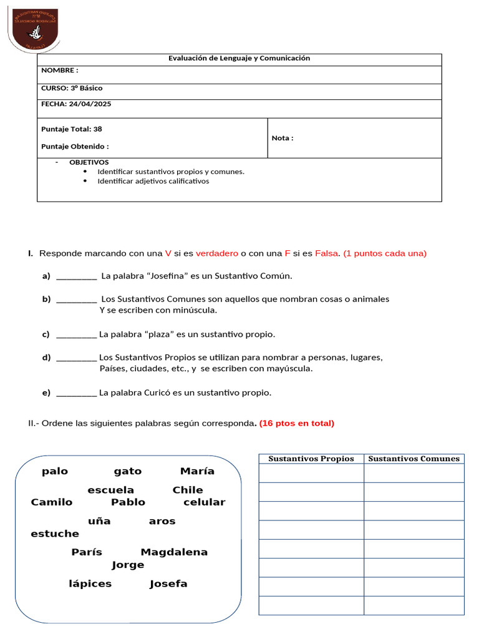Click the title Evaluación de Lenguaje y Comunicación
[x=239, y=59]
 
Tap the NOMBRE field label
[x=59, y=71]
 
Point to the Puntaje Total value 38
[x=97, y=129]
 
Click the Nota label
[x=282, y=138]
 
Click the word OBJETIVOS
[x=89, y=162]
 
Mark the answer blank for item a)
[x=76, y=276]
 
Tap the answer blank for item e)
[x=76, y=393]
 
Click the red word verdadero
[x=216, y=253]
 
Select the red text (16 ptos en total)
[x=296, y=423]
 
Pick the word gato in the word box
[x=127, y=471]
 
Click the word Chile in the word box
[x=188, y=490]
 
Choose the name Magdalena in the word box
[x=174, y=552]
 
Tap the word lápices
[x=90, y=584]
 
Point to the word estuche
[x=55, y=534]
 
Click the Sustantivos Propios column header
[x=311, y=459]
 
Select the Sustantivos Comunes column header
[x=414, y=459]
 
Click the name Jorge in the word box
[x=128, y=565]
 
